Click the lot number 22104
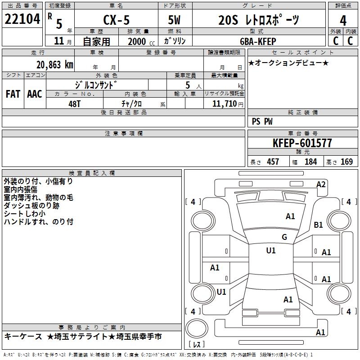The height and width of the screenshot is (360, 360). point(22,20)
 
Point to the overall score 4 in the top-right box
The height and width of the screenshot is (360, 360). point(343,20)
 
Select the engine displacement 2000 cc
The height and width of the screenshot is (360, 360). point(137,41)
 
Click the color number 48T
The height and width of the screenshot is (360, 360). point(76,103)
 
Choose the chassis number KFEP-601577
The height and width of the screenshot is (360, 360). point(302,143)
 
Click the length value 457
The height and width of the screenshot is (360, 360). point(273,162)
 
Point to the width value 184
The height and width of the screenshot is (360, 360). point(310,162)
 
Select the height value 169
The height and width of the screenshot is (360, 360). point(346,162)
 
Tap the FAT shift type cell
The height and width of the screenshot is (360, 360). point(13,94)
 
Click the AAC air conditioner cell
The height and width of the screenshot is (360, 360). point(35,94)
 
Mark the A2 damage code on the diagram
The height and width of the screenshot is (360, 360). point(321,184)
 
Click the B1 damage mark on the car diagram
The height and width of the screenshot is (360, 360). point(319,225)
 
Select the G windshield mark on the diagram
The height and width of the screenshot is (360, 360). point(284,237)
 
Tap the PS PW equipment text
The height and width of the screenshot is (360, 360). point(262,121)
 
